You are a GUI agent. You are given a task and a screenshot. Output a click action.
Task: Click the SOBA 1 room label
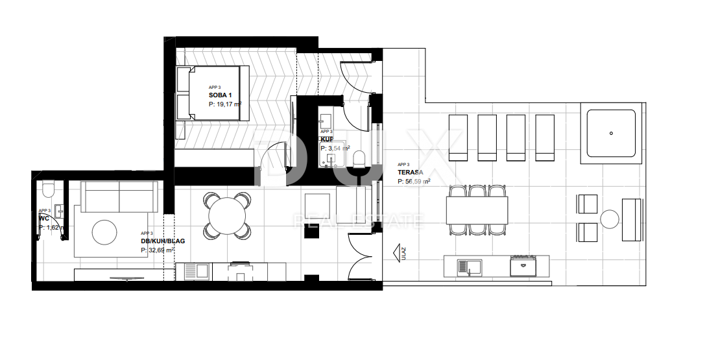(x=221, y=95)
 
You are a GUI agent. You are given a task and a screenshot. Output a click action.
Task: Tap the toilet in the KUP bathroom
(x=361, y=158)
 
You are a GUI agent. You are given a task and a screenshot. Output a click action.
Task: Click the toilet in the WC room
(x=47, y=189)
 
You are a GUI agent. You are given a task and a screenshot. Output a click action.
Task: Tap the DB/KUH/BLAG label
(x=163, y=241)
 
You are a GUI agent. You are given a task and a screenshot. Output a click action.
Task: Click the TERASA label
(x=411, y=173)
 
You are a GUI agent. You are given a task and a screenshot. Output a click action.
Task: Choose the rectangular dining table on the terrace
(x=477, y=211)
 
